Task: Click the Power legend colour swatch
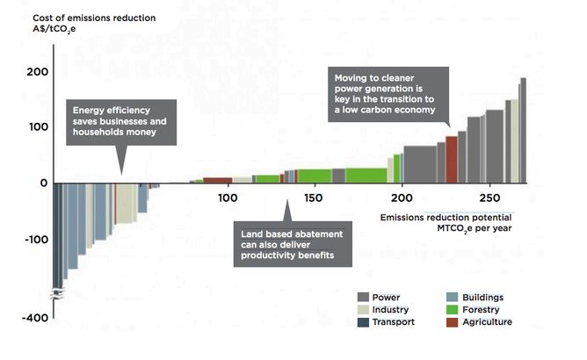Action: [x=363, y=298]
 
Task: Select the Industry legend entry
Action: [x=387, y=310]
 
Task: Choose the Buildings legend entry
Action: [x=480, y=298]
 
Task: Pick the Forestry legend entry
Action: [x=476, y=310]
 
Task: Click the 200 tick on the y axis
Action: [x=36, y=71]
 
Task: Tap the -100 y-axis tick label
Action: [x=33, y=239]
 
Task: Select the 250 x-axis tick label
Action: [x=489, y=198]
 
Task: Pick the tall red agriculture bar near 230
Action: [x=452, y=159]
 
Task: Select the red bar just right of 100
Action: [x=217, y=180]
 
